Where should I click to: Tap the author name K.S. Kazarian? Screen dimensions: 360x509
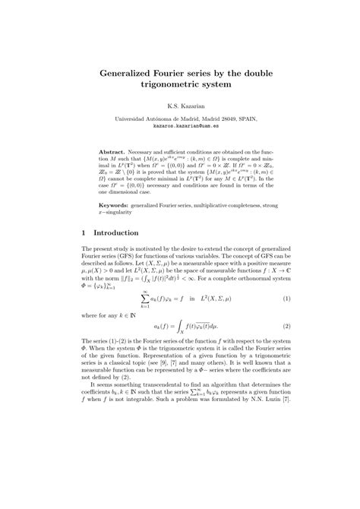click(179, 108)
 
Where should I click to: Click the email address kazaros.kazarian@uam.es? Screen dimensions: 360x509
click(179, 128)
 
